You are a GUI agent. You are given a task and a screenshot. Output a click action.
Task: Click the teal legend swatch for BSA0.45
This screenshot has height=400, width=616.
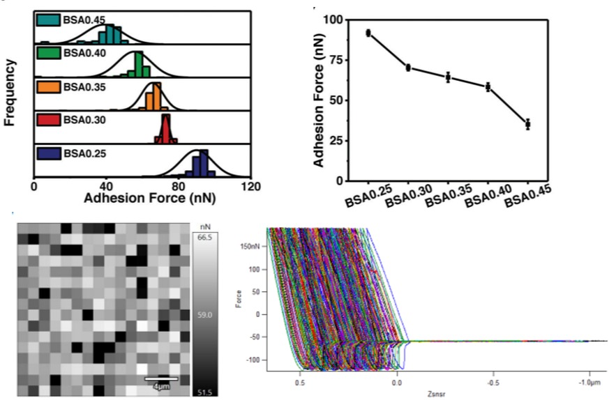tap(48, 20)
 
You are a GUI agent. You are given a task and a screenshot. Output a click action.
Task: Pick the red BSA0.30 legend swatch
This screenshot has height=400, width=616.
tap(48, 120)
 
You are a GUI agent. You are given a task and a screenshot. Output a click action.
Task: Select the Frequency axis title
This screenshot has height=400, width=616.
tap(10, 93)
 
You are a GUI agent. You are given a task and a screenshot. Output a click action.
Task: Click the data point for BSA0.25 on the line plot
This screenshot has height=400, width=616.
tap(368, 33)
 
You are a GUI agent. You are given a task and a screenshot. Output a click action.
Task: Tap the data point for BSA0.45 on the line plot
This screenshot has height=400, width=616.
tap(528, 124)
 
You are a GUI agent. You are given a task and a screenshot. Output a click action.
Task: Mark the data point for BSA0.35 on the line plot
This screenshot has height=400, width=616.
tap(449, 77)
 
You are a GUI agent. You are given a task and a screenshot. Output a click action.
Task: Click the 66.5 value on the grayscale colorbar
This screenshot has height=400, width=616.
tap(206, 238)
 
